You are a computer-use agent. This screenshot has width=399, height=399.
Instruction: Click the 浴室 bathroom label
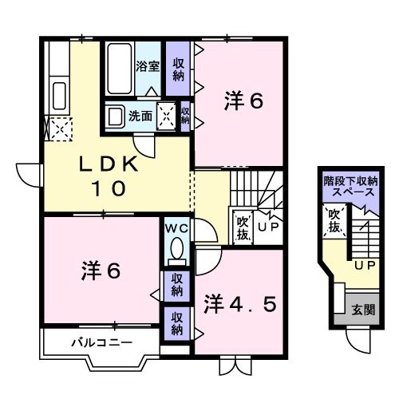click(148, 67)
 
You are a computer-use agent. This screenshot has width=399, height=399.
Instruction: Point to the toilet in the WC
click(176, 251)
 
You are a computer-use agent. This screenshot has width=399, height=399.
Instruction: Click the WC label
click(176, 228)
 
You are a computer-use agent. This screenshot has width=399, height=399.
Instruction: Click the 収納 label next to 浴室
click(179, 67)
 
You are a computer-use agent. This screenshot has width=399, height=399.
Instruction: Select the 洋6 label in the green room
click(243, 101)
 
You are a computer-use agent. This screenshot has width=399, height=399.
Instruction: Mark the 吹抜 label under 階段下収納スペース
click(335, 223)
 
